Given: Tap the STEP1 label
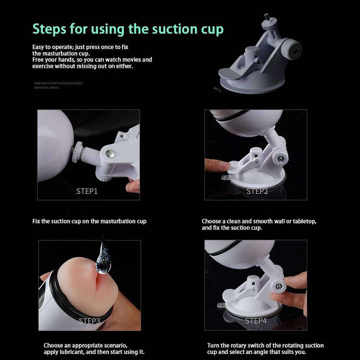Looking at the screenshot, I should coord(87,191).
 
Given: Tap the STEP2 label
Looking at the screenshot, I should coord(257,191).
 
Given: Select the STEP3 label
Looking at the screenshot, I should coord(90,321).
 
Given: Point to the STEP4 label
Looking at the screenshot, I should coord(256,321).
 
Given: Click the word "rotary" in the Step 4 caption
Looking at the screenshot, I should coord(244,346).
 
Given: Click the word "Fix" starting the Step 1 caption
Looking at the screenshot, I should coord(36,221).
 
